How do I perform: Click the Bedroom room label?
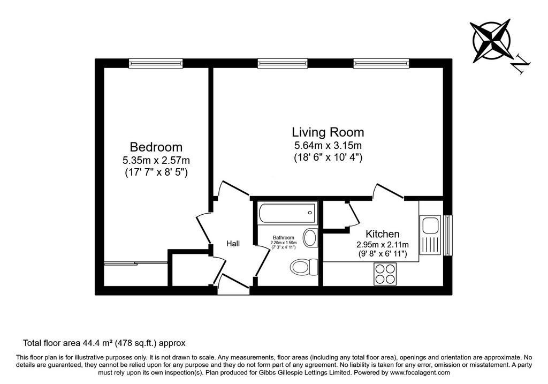156,147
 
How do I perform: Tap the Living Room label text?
328,132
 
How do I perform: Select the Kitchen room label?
382,234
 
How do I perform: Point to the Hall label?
233,243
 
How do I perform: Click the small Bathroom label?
284,238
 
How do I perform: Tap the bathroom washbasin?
310,238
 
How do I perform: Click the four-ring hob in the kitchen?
385,274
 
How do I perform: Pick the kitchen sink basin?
430,225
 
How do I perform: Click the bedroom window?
156,63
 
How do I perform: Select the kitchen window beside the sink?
448,235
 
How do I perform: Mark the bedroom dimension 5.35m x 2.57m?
156,161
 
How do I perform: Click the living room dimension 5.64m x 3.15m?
328,145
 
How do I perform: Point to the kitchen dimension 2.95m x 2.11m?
382,245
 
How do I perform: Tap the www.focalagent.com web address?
420,373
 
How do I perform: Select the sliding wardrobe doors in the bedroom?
135,263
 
